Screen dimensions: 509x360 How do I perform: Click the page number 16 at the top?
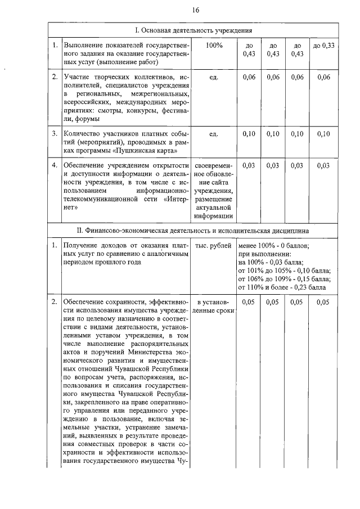(195, 10)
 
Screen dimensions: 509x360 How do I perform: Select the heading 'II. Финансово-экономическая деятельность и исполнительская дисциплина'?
(195, 231)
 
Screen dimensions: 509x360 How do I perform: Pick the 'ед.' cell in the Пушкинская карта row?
(214, 134)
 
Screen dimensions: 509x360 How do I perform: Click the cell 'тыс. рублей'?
(214, 246)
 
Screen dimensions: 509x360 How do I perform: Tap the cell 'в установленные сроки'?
(214, 307)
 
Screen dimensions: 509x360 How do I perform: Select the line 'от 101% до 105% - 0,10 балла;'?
(284, 271)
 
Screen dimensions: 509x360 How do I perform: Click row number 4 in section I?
(54, 165)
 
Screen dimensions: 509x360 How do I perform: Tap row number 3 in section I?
(54, 134)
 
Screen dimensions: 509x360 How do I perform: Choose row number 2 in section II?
(54, 303)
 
